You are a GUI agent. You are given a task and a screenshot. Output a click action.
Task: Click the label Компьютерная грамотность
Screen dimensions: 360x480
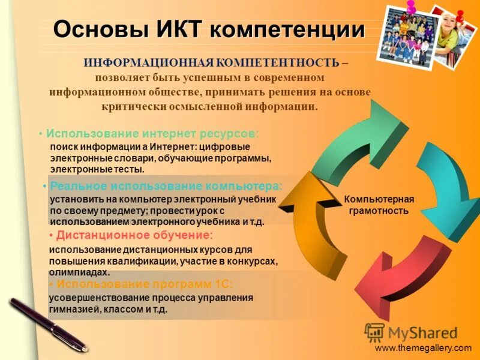pos(379,205)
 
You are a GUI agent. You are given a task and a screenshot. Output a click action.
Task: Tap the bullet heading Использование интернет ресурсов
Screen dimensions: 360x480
pos(152,133)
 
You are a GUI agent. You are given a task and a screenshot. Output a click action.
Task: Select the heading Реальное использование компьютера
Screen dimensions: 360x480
pos(166,186)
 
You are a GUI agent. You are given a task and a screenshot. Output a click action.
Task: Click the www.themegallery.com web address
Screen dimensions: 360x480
pos(423,348)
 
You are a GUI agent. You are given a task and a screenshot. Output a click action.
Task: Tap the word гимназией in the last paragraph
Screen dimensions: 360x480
pos(73,310)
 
